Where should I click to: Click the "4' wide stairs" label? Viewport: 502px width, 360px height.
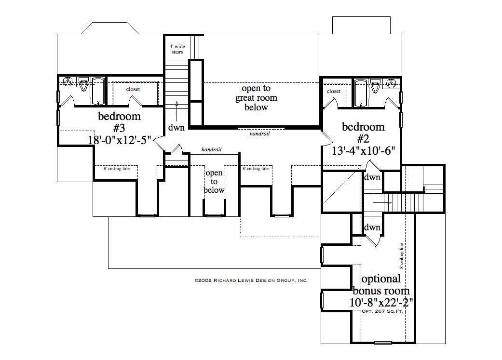[x=176, y=49]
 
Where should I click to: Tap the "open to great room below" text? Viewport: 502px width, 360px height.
[x=256, y=98]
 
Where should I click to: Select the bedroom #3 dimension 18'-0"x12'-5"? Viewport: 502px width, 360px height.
[x=120, y=140]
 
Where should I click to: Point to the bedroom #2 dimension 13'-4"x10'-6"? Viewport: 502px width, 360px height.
[x=364, y=150]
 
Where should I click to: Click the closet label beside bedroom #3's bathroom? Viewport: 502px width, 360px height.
[x=133, y=89]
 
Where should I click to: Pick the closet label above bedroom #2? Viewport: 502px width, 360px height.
[x=334, y=91]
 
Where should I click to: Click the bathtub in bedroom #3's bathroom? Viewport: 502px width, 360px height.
[x=98, y=91]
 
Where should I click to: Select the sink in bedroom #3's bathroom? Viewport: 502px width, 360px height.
[x=68, y=82]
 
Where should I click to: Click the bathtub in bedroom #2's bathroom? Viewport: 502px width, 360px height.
[x=361, y=92]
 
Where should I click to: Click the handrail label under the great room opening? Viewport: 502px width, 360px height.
[x=259, y=133]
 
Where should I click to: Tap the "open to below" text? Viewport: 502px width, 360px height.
[x=214, y=181]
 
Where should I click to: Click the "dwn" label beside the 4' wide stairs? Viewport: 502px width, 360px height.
[x=176, y=128]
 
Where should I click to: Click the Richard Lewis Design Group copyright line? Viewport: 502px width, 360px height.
[x=251, y=280]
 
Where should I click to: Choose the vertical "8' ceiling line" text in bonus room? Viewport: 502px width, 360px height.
[x=401, y=255]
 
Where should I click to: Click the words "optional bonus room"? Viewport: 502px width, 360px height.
[x=381, y=285]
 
